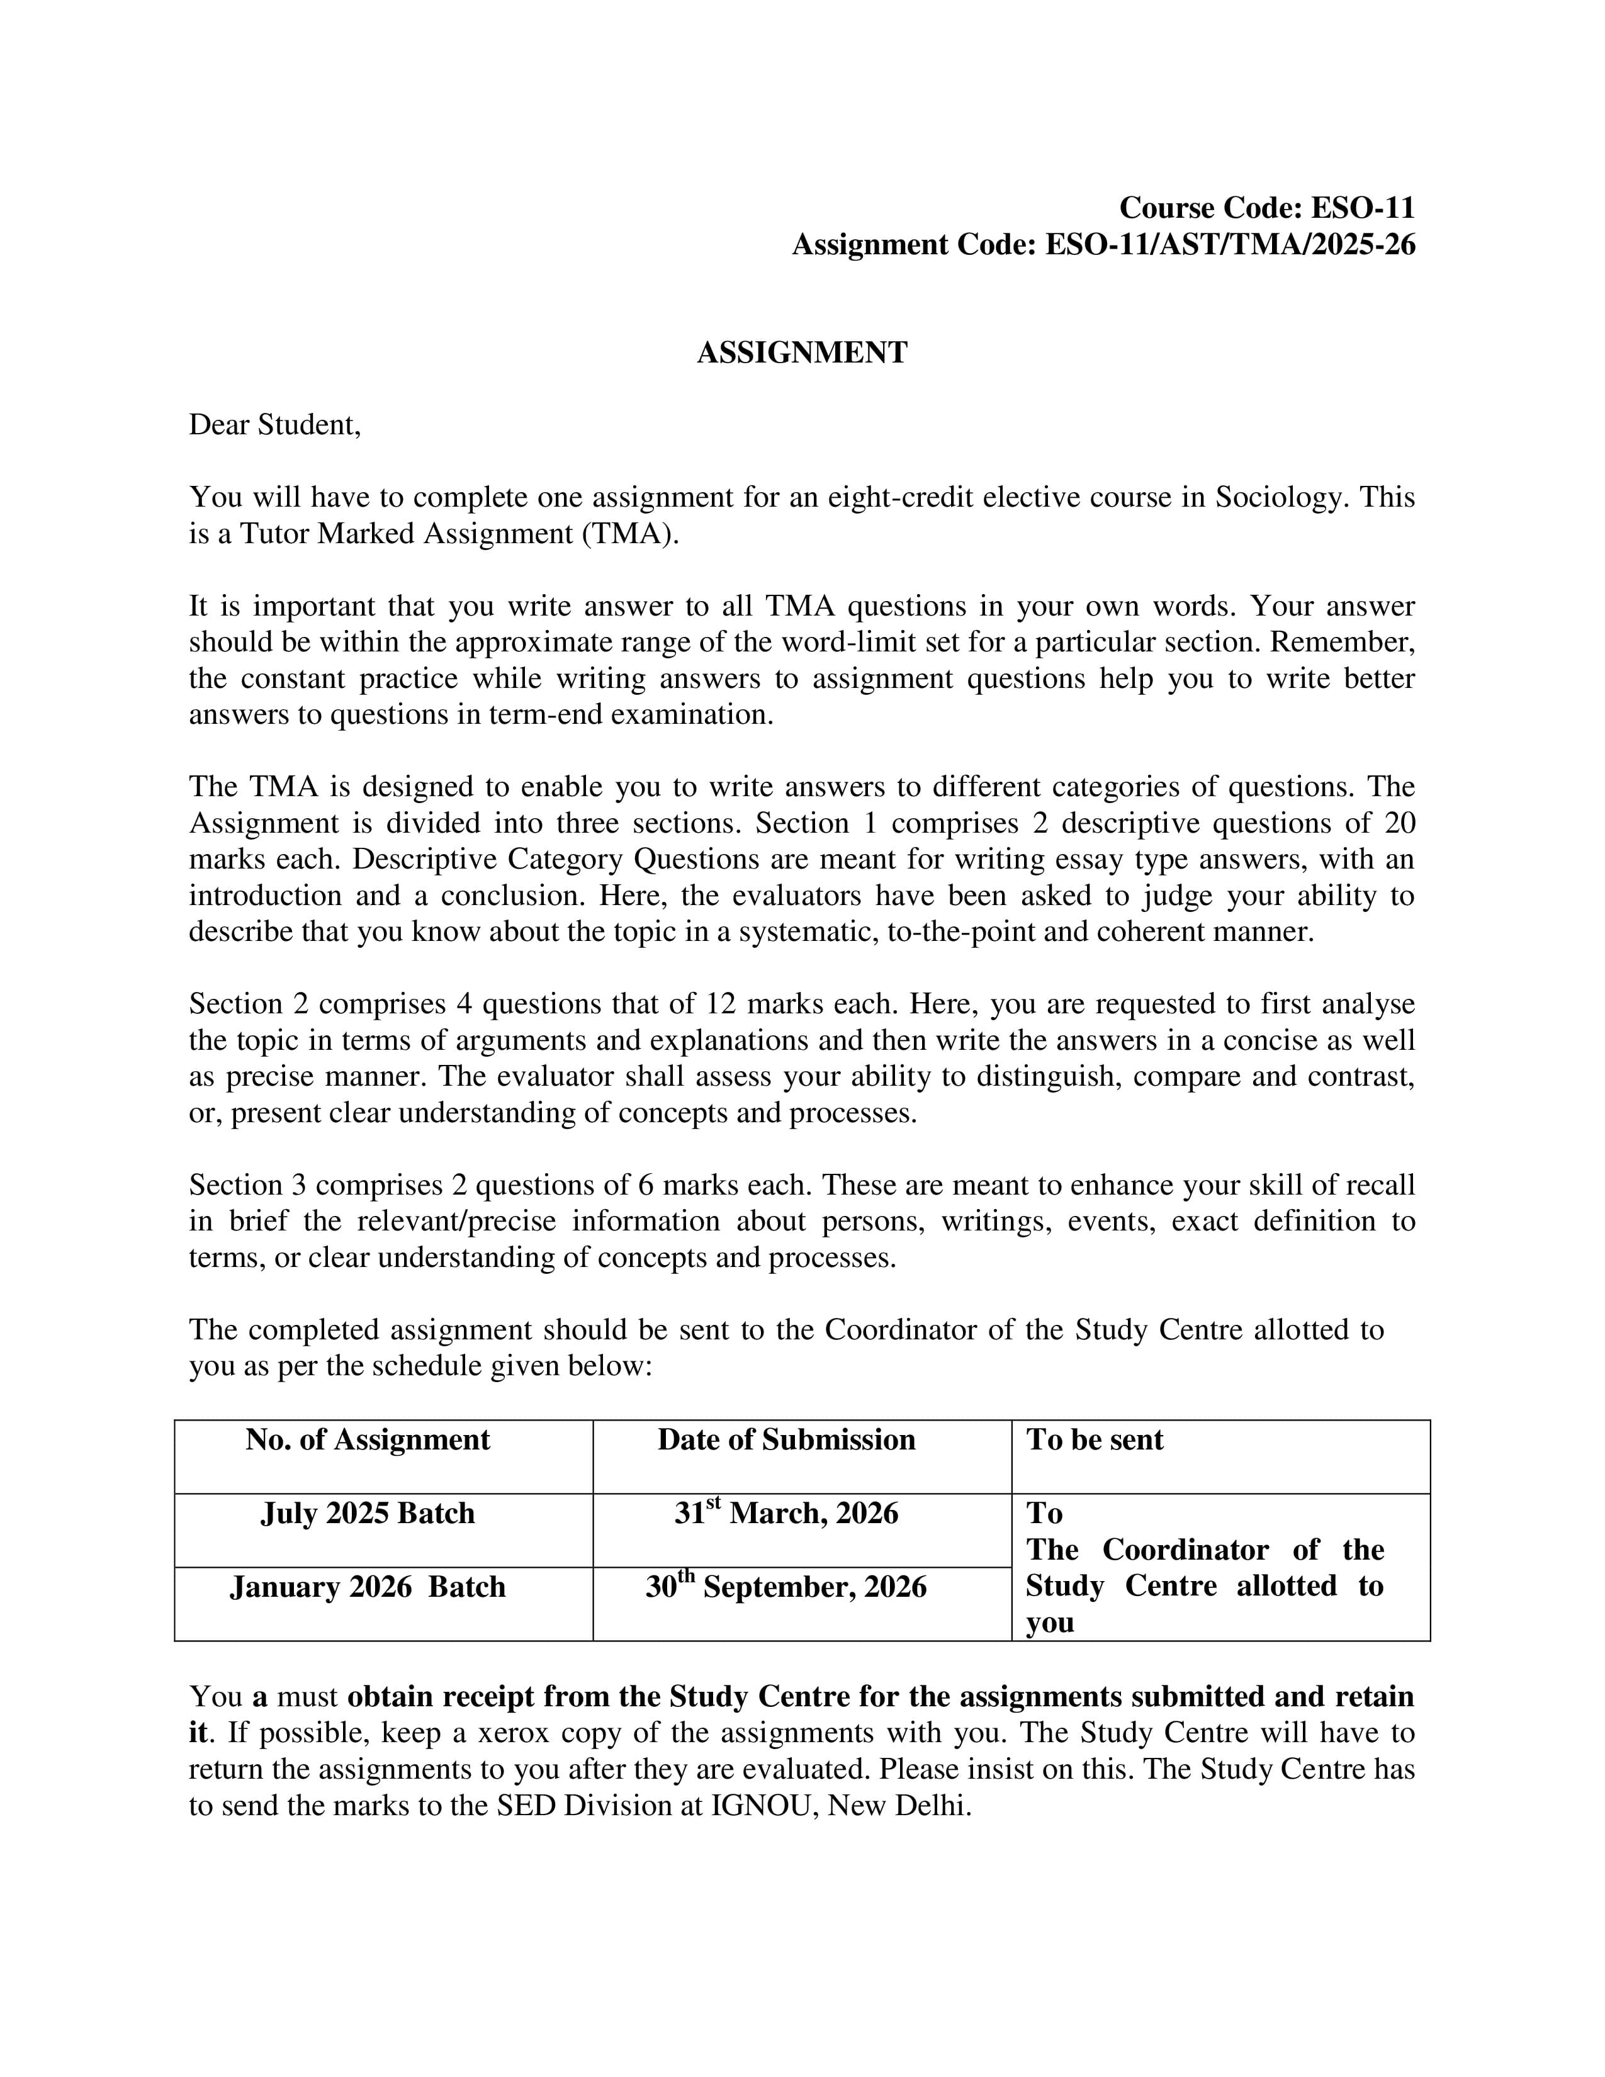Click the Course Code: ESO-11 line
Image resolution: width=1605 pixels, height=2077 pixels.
point(1266,207)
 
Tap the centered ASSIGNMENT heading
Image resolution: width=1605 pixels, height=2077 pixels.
point(801,353)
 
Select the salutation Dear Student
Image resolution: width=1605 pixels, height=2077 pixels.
point(275,425)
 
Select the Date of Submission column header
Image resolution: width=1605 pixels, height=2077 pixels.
point(786,1440)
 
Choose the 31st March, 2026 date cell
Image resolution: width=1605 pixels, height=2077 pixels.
point(786,1513)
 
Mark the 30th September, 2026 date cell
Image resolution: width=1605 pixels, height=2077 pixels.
point(786,1587)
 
